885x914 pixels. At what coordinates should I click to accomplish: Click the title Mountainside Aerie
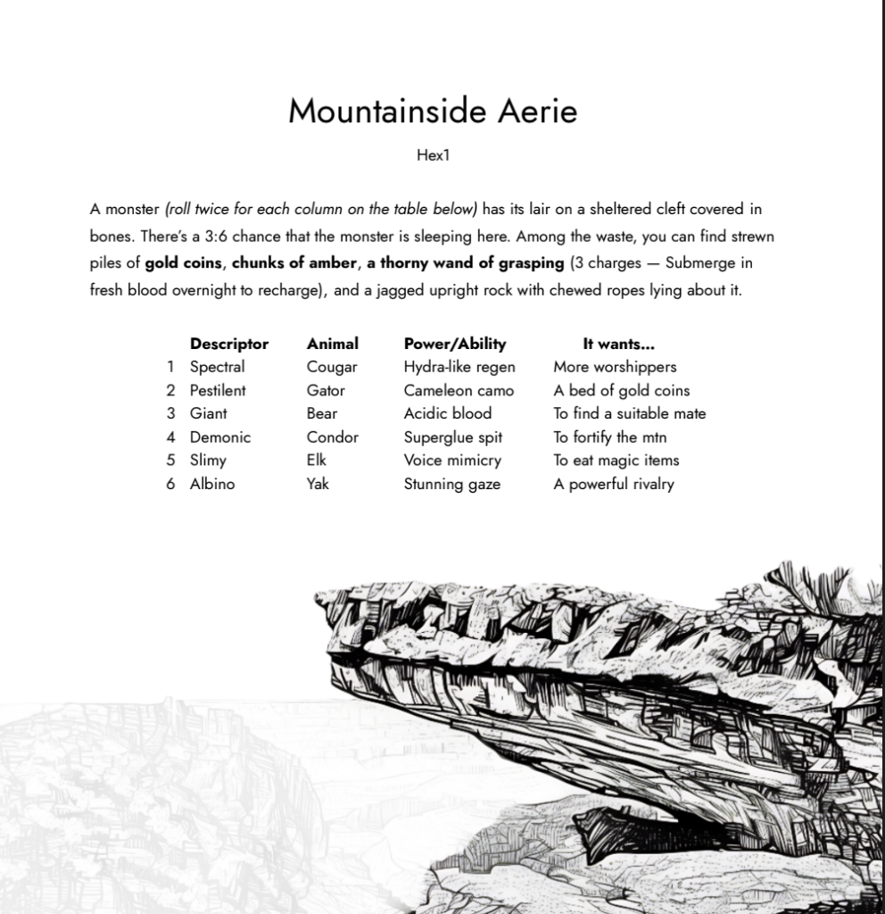tap(433, 112)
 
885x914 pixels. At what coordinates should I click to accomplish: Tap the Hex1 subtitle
tap(433, 155)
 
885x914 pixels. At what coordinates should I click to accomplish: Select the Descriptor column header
tap(228, 344)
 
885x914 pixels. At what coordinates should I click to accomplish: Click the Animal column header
tap(332, 344)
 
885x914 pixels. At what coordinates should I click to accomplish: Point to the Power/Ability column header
tap(454, 344)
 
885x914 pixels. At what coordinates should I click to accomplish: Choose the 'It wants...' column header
tap(618, 344)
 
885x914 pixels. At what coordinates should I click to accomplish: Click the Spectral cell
tap(217, 367)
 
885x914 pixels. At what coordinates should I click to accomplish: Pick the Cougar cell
tap(332, 367)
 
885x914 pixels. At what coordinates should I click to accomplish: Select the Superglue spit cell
tap(452, 437)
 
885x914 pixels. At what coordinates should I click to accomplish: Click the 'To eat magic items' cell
tap(616, 461)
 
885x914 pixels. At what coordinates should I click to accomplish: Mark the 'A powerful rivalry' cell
tap(613, 485)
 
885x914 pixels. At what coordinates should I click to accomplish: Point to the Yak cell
tap(318, 485)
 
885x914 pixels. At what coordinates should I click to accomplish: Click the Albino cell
tap(211, 485)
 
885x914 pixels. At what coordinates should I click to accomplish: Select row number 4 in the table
tap(170, 437)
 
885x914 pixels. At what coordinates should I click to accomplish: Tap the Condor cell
tap(332, 437)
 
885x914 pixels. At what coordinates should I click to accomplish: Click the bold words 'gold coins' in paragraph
tap(183, 263)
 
